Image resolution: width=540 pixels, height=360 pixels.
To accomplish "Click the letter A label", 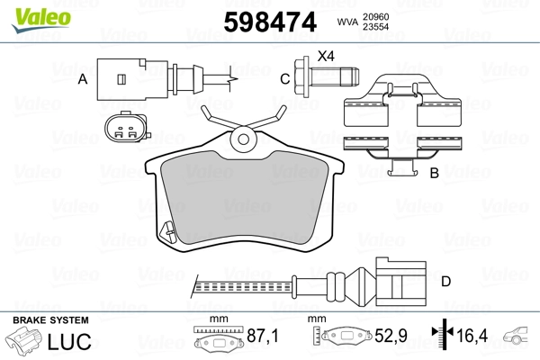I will coord(82,79).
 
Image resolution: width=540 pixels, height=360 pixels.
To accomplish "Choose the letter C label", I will coord(284,79).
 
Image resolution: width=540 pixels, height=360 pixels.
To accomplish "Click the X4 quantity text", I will coord(325,57).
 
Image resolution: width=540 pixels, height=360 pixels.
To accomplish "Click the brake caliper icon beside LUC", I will coord(24,343).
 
